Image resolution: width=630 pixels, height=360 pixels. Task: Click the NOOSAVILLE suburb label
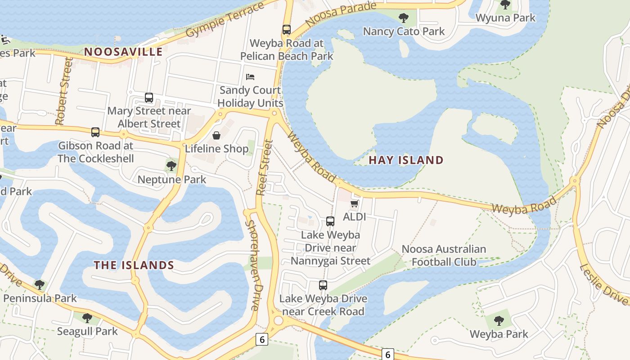tap(123, 52)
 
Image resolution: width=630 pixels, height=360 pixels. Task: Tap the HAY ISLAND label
tap(406, 160)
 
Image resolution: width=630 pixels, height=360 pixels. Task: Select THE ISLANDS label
tap(134, 265)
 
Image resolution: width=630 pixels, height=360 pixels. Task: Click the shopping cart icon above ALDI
tap(355, 204)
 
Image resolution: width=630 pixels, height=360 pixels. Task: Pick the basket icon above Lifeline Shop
tap(216, 135)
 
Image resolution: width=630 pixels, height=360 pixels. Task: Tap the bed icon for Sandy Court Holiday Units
tap(250, 77)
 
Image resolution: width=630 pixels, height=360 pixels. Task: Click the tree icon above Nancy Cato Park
tap(404, 18)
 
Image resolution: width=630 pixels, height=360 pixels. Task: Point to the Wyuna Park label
tap(506, 18)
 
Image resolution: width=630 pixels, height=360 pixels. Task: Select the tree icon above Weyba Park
tap(499, 321)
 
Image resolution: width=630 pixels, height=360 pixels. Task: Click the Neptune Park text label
tap(172, 180)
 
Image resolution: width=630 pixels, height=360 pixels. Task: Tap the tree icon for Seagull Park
tap(87, 318)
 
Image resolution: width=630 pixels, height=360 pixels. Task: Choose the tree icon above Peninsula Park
tap(40, 284)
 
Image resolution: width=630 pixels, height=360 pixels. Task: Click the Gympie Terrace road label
tap(225, 20)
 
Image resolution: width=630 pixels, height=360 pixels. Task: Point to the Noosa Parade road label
tap(340, 13)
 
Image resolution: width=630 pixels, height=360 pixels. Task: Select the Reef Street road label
tap(264, 167)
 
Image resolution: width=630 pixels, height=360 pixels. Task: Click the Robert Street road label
tap(63, 91)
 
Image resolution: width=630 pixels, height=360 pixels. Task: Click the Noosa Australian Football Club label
tap(444, 255)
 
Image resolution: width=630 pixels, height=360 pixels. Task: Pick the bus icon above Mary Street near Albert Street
tap(149, 98)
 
